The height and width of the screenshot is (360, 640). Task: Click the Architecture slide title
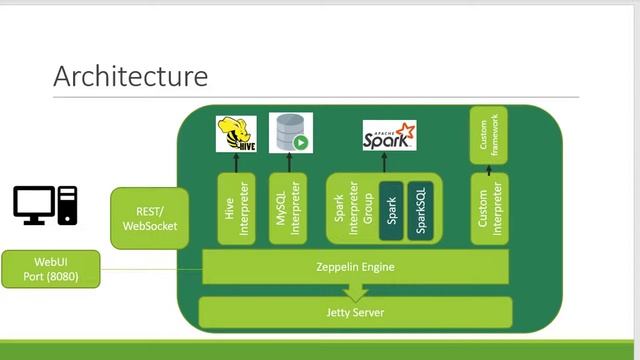130,76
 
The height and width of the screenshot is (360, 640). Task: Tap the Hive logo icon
236,134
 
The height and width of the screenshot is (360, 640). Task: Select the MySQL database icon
289,133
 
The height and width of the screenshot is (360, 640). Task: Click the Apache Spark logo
389,135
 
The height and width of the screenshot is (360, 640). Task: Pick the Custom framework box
489,136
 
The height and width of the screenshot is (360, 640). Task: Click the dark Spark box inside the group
391,211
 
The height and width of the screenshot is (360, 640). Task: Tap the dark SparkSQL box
421,211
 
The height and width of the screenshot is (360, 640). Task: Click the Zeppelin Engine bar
356,267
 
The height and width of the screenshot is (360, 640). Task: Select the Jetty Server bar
356,313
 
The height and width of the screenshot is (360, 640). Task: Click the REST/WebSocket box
150,219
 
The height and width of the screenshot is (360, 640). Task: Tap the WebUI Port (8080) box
50,269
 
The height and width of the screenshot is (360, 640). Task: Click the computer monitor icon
34,205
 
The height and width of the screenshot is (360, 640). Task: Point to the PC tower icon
67,205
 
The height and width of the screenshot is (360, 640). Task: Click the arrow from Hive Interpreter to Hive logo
237,162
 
